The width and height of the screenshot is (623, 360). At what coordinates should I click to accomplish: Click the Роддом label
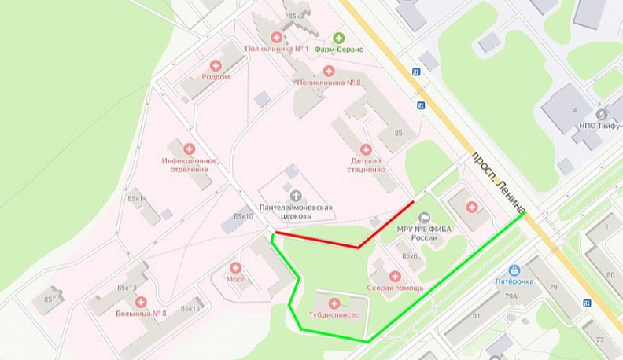click(x=215, y=77)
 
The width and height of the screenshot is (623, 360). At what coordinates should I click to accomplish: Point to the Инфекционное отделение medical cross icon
click(x=189, y=149)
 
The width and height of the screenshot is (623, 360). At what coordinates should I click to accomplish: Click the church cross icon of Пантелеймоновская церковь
click(x=296, y=195)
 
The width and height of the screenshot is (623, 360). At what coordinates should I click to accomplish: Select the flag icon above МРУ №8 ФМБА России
click(x=425, y=217)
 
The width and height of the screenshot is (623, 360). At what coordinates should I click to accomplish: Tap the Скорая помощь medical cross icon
click(x=395, y=277)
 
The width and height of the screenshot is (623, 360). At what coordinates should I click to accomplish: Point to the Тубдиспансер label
click(x=334, y=314)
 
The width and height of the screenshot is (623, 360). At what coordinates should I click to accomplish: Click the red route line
click(x=315, y=240)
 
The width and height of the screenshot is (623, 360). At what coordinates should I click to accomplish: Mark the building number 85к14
click(x=137, y=199)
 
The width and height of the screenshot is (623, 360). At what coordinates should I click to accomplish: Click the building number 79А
click(x=511, y=296)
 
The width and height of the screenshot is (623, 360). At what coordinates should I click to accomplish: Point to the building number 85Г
click(x=52, y=299)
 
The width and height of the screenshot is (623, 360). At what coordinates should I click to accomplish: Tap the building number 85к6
click(x=409, y=256)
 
